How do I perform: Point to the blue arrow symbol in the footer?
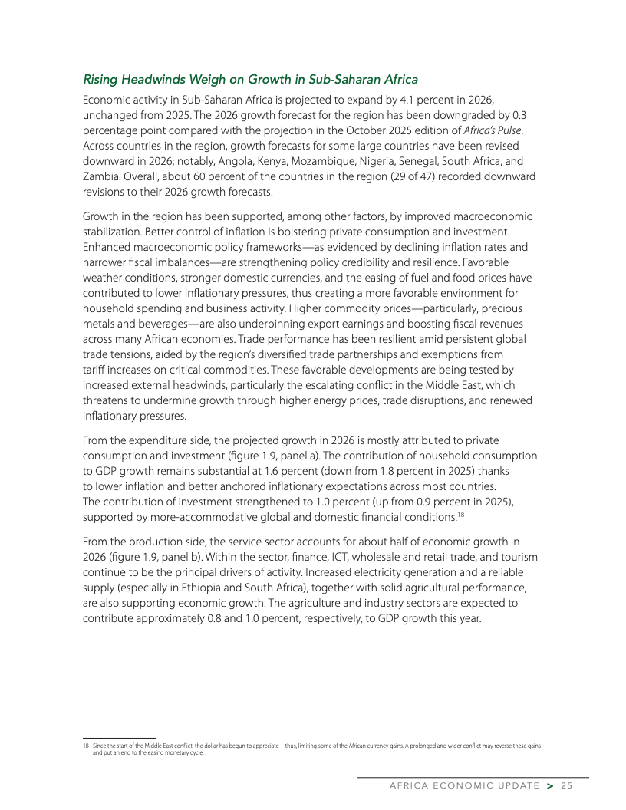click(550, 785)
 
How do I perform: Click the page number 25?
click(567, 785)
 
